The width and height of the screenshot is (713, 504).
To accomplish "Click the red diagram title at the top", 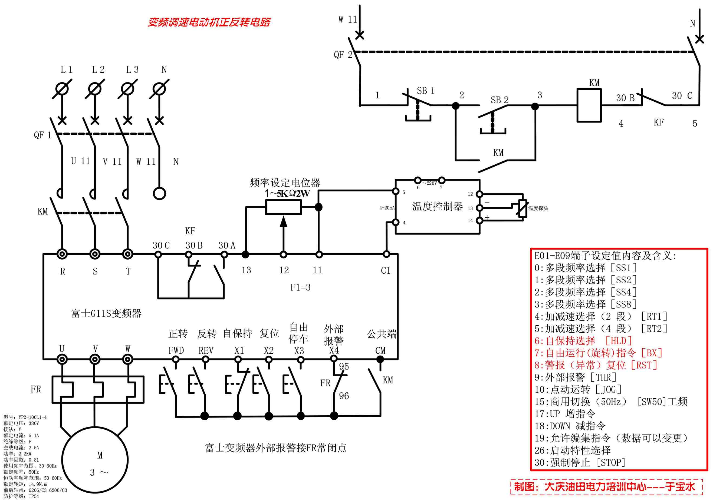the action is point(209,22).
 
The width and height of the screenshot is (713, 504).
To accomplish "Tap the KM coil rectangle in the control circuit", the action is point(589,105).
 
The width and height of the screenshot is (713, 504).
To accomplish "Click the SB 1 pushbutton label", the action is point(425,91).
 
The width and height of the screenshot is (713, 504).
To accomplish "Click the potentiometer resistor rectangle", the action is point(283,207).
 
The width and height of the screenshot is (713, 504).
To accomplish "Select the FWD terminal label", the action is point(176,350).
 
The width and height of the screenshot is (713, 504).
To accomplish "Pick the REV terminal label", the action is point(206,351).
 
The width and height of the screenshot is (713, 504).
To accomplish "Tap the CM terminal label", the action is point(380,351).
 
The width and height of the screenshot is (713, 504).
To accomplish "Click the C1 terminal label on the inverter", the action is point(385,271).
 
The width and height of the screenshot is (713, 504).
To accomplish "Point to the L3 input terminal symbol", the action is point(127,89).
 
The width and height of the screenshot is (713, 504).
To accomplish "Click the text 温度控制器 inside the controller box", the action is point(437,206).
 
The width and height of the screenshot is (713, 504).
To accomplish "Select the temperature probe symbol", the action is point(522,208).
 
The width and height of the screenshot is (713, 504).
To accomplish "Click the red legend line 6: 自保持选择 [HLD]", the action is point(583,341).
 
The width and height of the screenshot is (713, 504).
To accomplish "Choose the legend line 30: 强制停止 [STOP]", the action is point(580,463).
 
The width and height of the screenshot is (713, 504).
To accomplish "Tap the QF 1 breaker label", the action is point(42,135).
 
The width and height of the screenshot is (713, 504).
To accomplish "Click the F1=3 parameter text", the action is point(300,287).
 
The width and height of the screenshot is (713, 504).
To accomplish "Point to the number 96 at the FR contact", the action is point(344,396).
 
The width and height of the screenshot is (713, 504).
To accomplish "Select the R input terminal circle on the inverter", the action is point(62,254).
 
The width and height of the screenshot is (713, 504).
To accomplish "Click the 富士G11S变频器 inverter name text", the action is point(106,313).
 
